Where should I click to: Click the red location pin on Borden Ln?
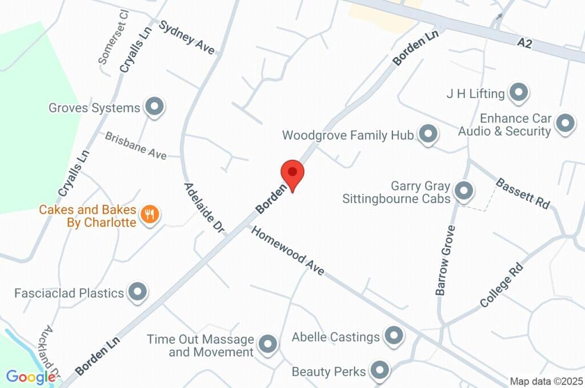292,173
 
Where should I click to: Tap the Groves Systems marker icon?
154,107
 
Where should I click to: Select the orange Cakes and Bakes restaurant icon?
150,215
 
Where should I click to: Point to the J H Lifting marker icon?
519,92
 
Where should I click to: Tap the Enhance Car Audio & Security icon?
565,123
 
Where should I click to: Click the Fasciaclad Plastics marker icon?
137,292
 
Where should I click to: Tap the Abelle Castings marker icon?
394,336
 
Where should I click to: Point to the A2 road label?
525,43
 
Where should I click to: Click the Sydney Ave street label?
190,38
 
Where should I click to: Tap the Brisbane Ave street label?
135,145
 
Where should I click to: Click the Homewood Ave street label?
288,251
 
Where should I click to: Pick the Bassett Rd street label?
522,193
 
